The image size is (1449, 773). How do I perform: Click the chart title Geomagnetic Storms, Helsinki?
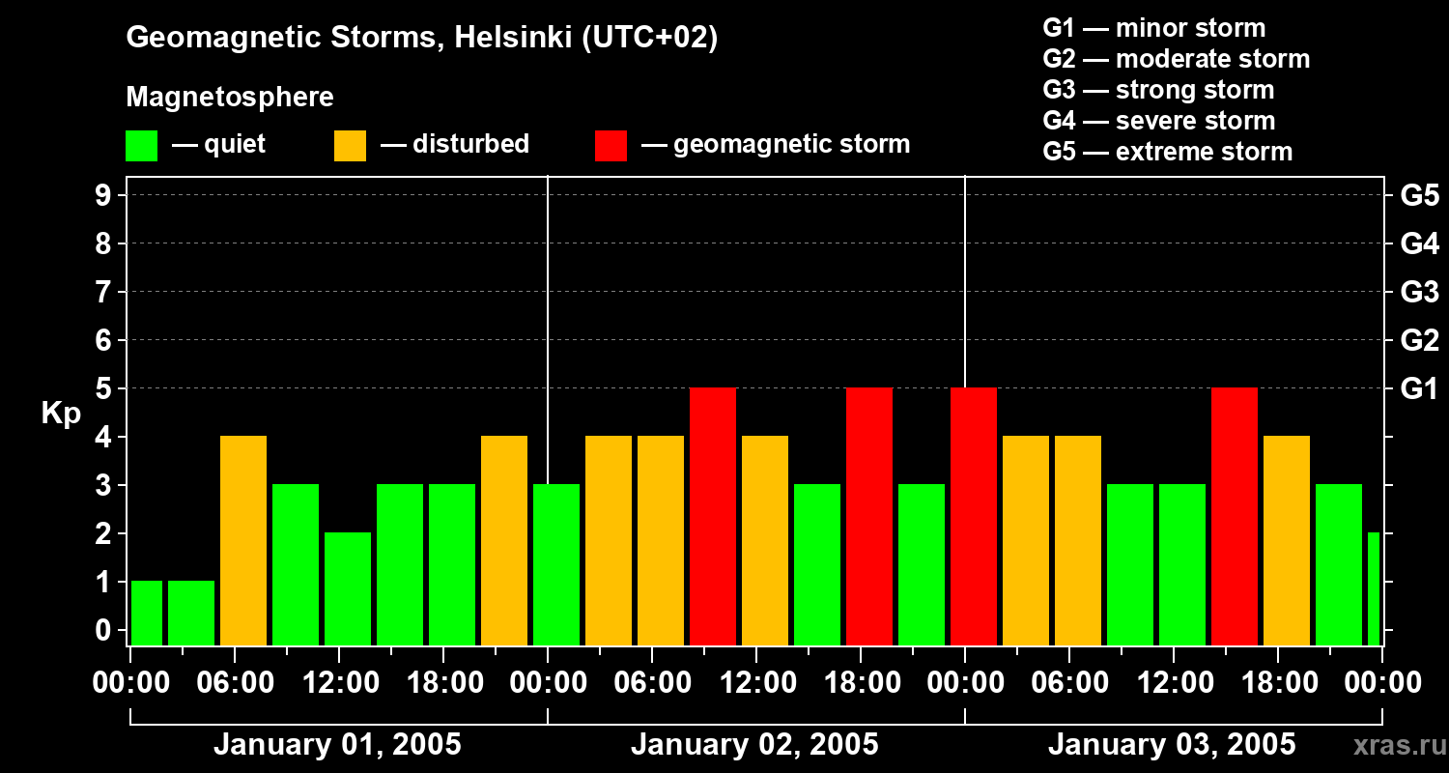point(422,38)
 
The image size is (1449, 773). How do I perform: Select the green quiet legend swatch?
point(142,145)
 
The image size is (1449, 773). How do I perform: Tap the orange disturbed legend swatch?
point(350,145)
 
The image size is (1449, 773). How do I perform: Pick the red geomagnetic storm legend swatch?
point(611,145)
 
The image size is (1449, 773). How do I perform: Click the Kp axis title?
point(61,414)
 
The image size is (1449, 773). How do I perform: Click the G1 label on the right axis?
point(1419,388)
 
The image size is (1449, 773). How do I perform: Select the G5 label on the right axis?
point(1419,195)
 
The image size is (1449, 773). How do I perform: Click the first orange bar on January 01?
point(243,541)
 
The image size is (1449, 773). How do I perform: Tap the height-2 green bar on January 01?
point(348,589)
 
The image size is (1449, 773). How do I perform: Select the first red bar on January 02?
point(713,517)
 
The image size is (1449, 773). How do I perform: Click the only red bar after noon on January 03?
point(1235,517)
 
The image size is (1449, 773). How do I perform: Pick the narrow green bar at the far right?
point(1374,589)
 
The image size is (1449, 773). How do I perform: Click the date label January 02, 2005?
point(754,745)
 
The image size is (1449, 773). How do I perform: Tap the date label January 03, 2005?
point(1172,745)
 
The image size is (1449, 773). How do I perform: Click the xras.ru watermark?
point(1398,746)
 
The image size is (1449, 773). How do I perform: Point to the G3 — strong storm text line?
point(1158,90)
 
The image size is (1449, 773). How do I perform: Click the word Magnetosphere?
point(230,98)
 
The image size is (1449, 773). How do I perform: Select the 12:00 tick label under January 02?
point(756,682)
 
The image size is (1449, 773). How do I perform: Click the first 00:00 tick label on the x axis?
point(130,682)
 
